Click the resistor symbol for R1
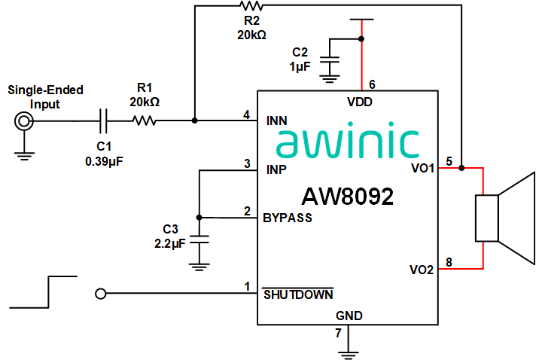144,120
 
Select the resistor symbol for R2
252,6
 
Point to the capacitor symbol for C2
330,59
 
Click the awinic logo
347,143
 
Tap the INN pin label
279,121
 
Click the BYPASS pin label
288,218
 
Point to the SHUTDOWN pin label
298,294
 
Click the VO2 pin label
422,269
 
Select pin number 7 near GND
338,332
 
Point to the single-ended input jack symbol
24,121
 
